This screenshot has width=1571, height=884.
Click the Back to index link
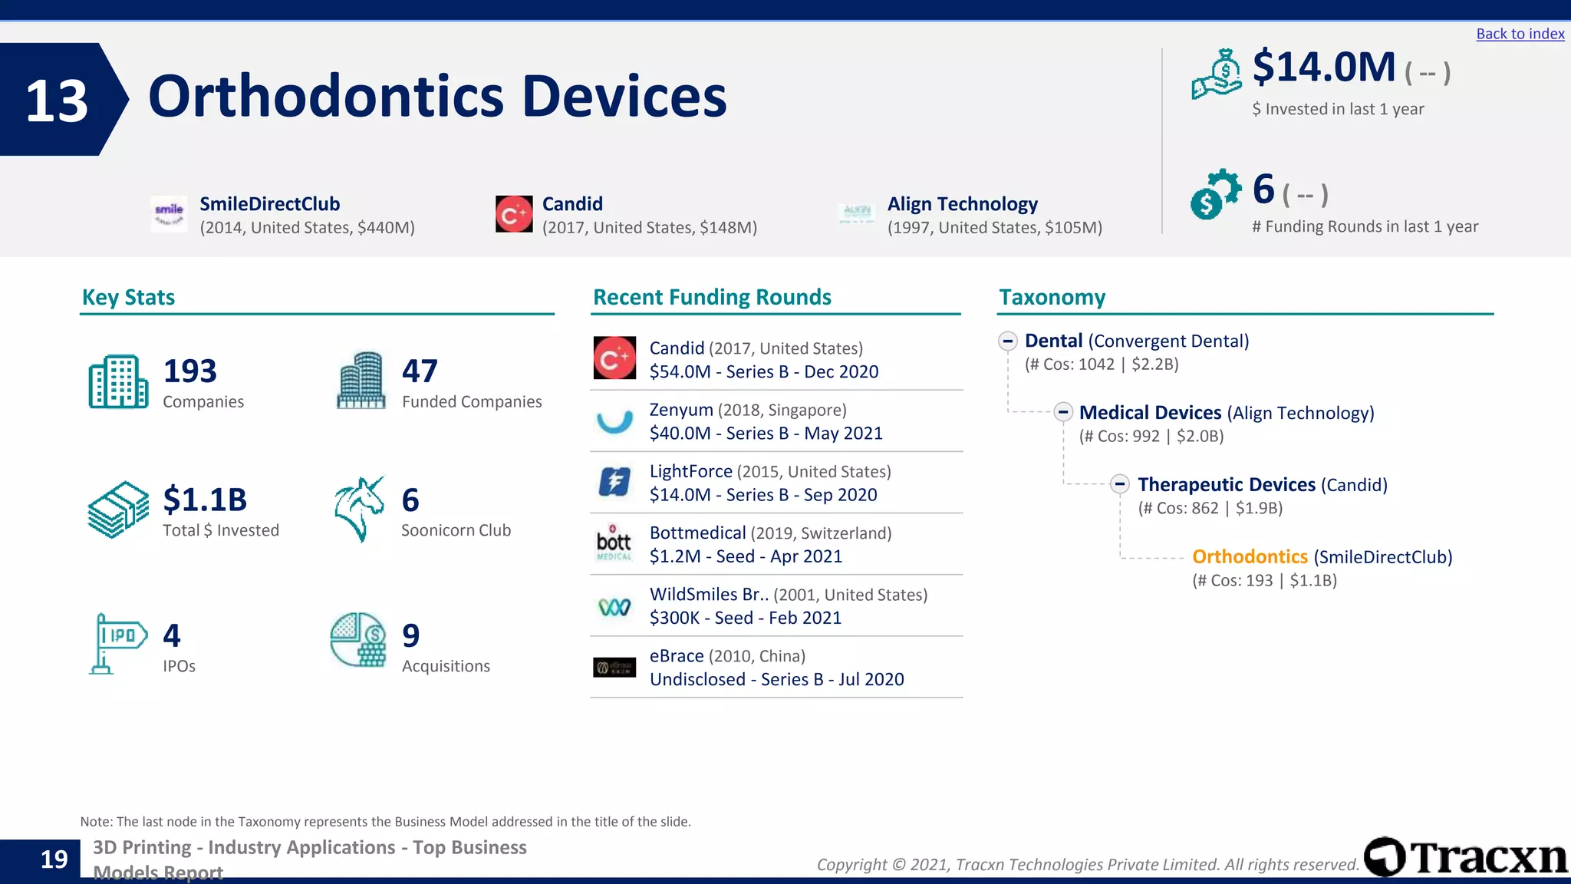click(x=1520, y=34)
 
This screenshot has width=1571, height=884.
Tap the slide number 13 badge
click(x=57, y=101)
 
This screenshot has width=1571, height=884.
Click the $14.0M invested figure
click(x=1323, y=68)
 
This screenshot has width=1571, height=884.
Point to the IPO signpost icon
click(x=117, y=643)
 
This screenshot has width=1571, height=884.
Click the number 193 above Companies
click(x=190, y=371)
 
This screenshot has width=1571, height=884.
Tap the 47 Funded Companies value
click(x=420, y=371)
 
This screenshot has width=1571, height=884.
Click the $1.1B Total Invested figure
click(x=205, y=500)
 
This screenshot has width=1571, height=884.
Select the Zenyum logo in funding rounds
click(x=614, y=421)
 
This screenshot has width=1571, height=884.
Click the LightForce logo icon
click(x=614, y=483)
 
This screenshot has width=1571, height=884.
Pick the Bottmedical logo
click(x=614, y=543)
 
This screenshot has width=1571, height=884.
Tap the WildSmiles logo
click(x=614, y=607)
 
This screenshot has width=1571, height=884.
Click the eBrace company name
click(x=676, y=656)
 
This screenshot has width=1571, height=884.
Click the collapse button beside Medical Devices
click(x=1062, y=412)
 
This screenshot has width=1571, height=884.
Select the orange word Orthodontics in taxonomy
click(x=1250, y=557)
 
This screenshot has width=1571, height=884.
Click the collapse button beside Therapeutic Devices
click(x=1120, y=484)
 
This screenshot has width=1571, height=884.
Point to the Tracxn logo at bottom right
click(x=1465, y=857)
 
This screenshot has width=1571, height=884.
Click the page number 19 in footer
click(x=54, y=859)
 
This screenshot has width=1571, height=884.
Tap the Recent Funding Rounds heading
click(x=712, y=297)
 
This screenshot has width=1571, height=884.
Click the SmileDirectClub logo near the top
click(x=169, y=214)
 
